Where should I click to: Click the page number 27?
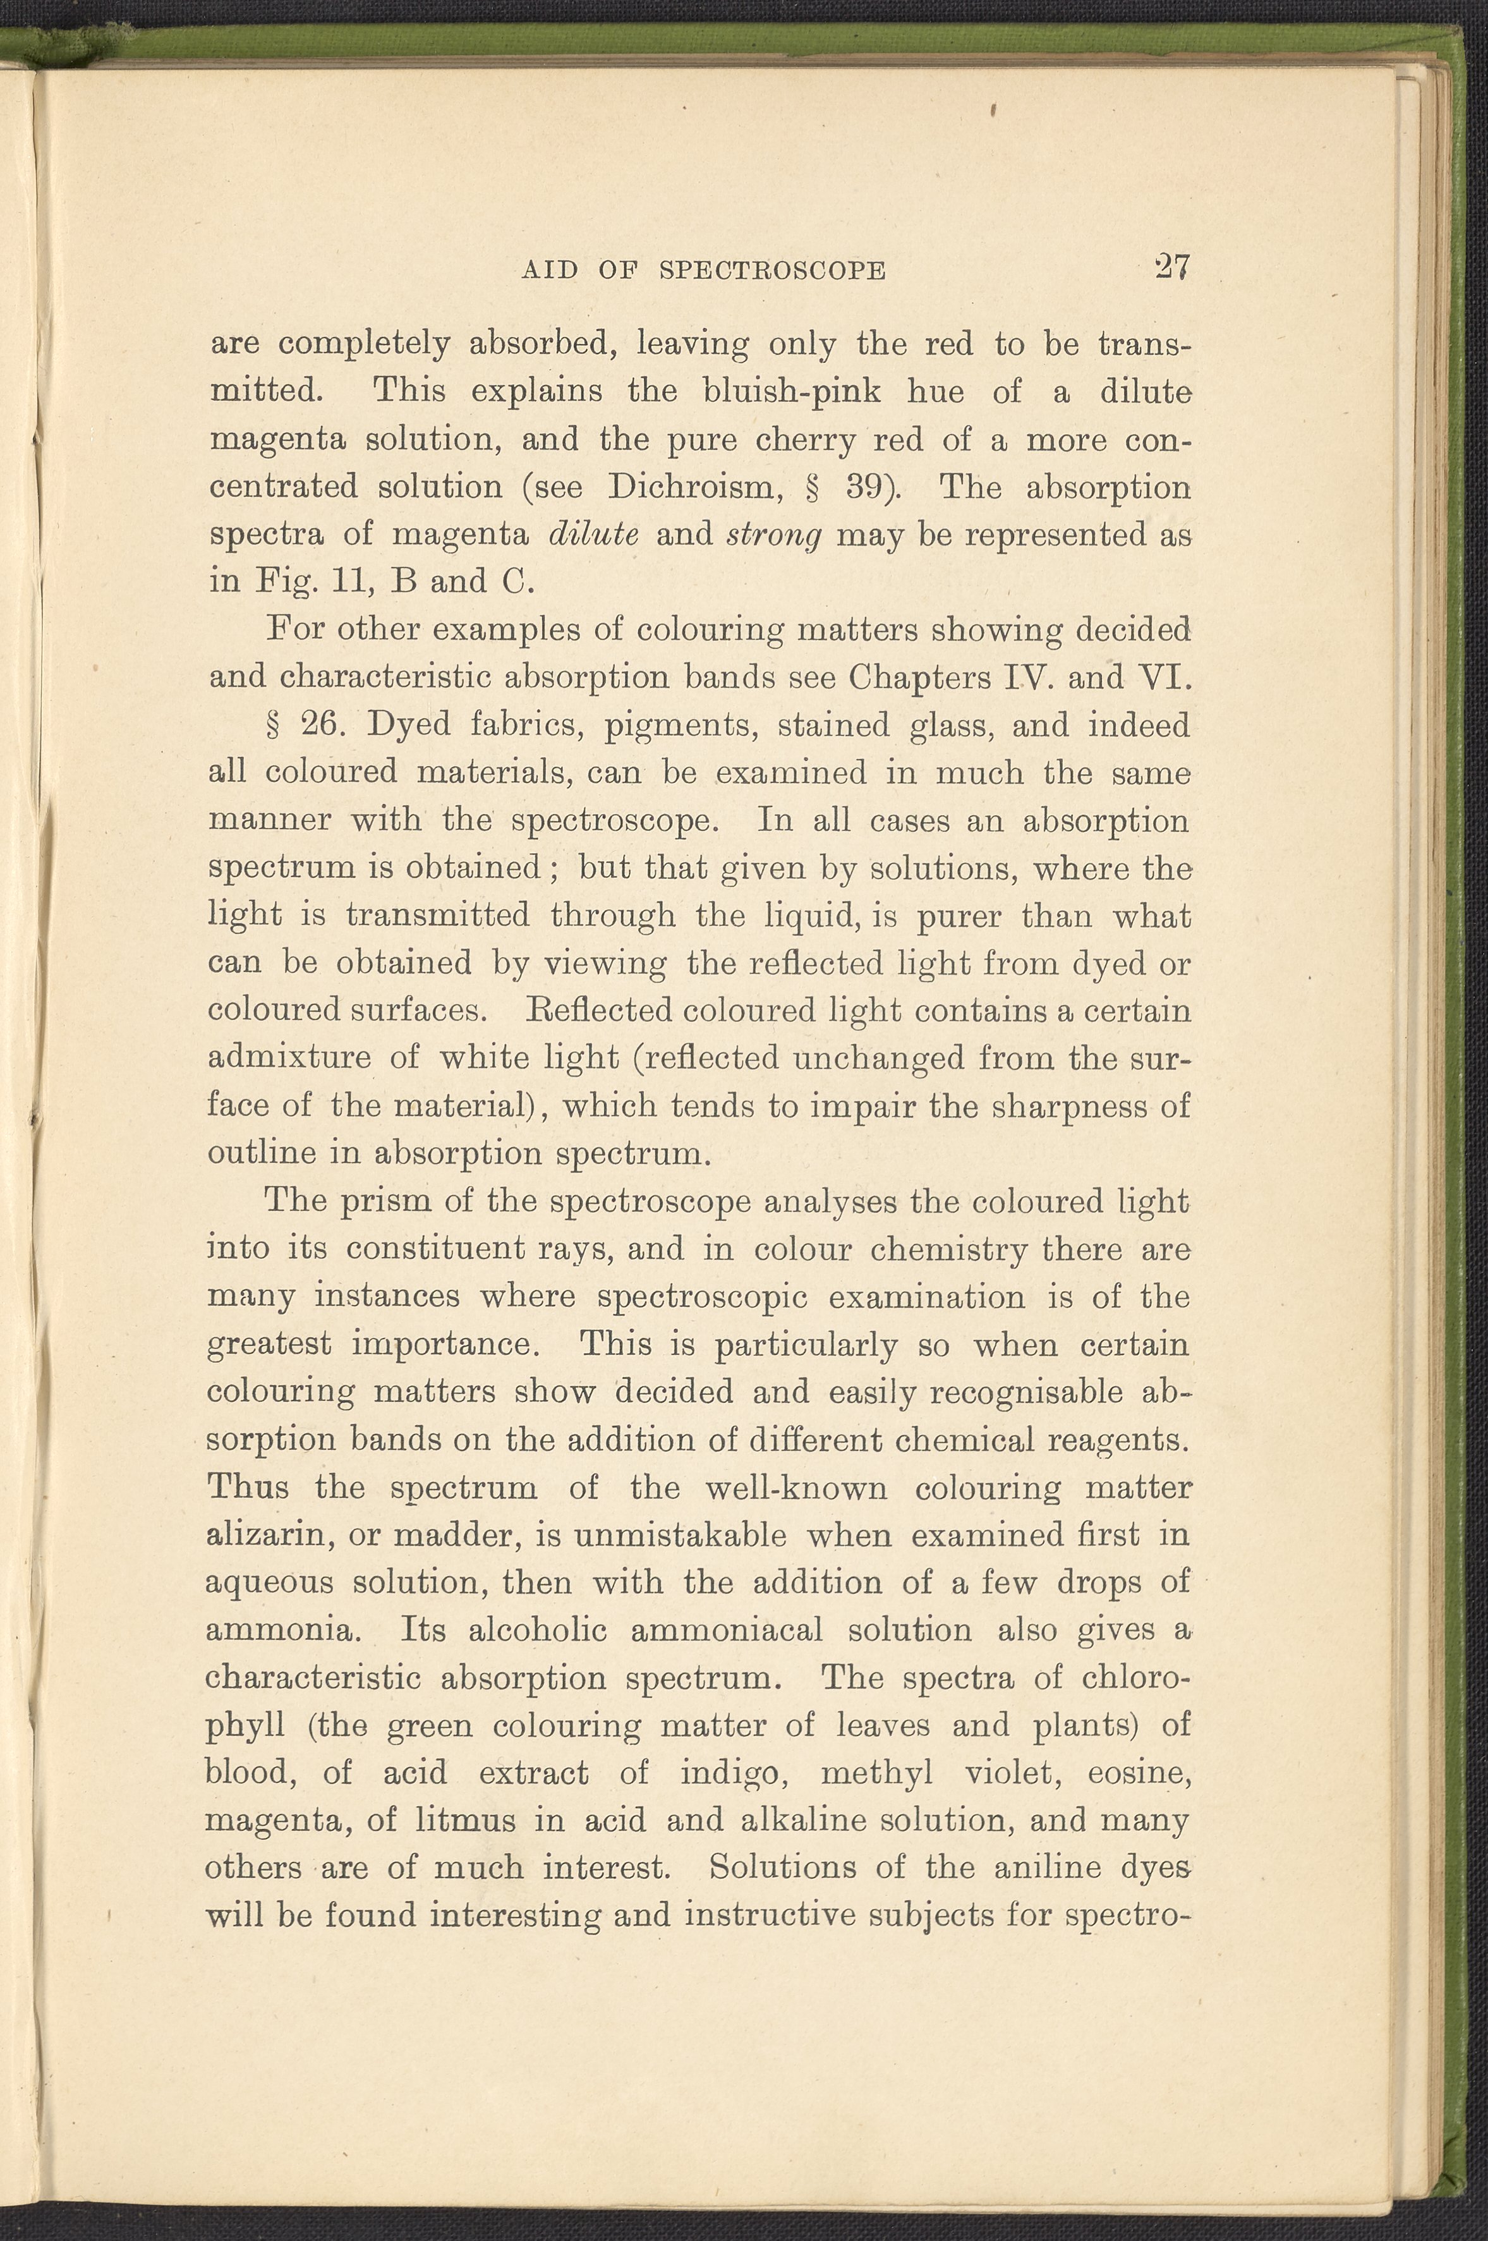point(1172,268)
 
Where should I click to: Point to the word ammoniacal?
point(726,1630)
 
